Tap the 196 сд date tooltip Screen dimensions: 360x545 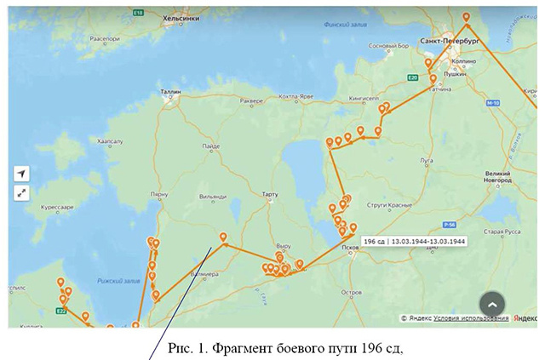click(414, 241)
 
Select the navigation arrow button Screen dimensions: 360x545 click(22, 174)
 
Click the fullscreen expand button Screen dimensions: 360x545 click(22, 193)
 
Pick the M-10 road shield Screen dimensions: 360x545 click(491, 103)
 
